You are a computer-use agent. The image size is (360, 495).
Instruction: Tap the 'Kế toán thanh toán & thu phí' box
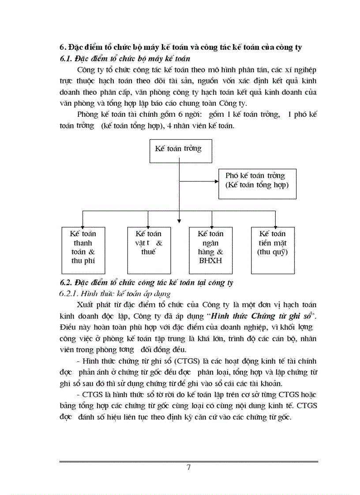[83, 250]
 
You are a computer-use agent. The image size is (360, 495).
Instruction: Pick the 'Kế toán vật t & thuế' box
[149, 250]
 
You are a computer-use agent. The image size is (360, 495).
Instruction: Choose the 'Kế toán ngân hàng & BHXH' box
[211, 250]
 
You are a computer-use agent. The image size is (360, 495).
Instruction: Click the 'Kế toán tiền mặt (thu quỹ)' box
[273, 250]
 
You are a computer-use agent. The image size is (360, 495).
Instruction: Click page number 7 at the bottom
[189, 468]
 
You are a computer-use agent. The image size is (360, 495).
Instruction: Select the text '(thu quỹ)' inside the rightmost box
[272, 252]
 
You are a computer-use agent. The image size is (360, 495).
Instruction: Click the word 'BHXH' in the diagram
[210, 261]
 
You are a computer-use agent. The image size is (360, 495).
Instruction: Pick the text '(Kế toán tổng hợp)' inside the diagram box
[257, 185]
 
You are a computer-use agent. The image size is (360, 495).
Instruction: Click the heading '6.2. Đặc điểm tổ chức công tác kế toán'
[146, 283]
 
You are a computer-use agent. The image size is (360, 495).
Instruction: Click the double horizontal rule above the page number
[189, 462]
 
